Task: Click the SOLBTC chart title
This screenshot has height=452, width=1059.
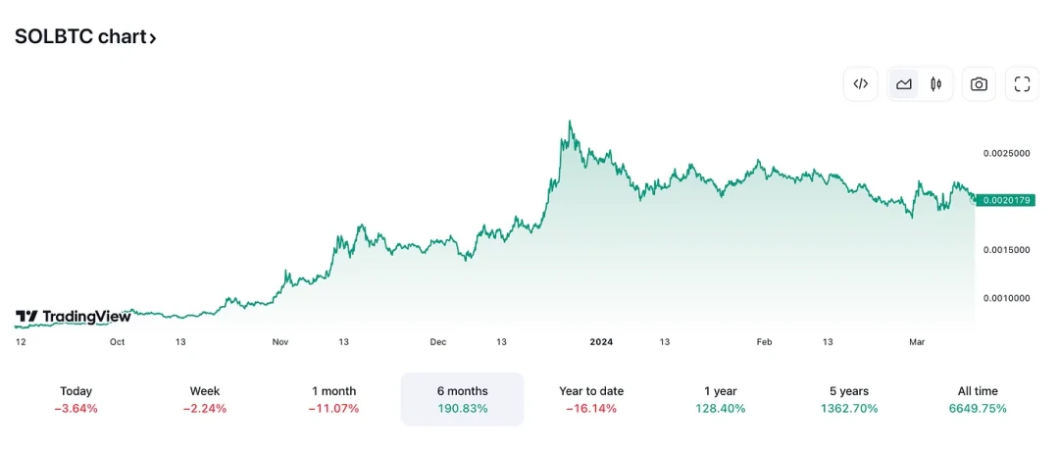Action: (x=84, y=37)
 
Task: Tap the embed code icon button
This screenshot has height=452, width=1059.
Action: (x=861, y=84)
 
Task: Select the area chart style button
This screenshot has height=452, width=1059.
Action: (x=904, y=84)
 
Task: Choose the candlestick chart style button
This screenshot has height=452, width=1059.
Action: (x=935, y=84)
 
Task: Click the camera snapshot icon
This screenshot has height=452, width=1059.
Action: (x=979, y=84)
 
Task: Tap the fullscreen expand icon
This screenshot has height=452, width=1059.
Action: (x=1022, y=84)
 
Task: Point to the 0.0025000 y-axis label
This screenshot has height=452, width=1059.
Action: (x=1006, y=154)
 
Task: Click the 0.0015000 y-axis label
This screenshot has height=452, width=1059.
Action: (x=1006, y=250)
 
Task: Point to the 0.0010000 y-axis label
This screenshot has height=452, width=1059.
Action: (x=1006, y=298)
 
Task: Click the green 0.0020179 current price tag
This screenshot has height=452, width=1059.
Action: (x=1006, y=200)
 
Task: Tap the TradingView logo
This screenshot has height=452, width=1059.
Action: (x=74, y=317)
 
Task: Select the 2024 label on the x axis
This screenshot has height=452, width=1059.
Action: (x=601, y=342)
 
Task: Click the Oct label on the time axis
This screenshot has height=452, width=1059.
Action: (x=118, y=342)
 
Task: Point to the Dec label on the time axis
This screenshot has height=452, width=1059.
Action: (x=438, y=342)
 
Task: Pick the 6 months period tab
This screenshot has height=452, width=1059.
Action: (x=462, y=391)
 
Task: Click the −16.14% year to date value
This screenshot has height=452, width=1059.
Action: (x=591, y=408)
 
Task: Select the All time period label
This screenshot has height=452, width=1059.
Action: (x=978, y=391)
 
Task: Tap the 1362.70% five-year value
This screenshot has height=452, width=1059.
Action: (x=849, y=408)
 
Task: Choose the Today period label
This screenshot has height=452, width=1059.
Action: (x=76, y=391)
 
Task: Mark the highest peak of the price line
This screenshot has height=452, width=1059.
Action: (x=570, y=122)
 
